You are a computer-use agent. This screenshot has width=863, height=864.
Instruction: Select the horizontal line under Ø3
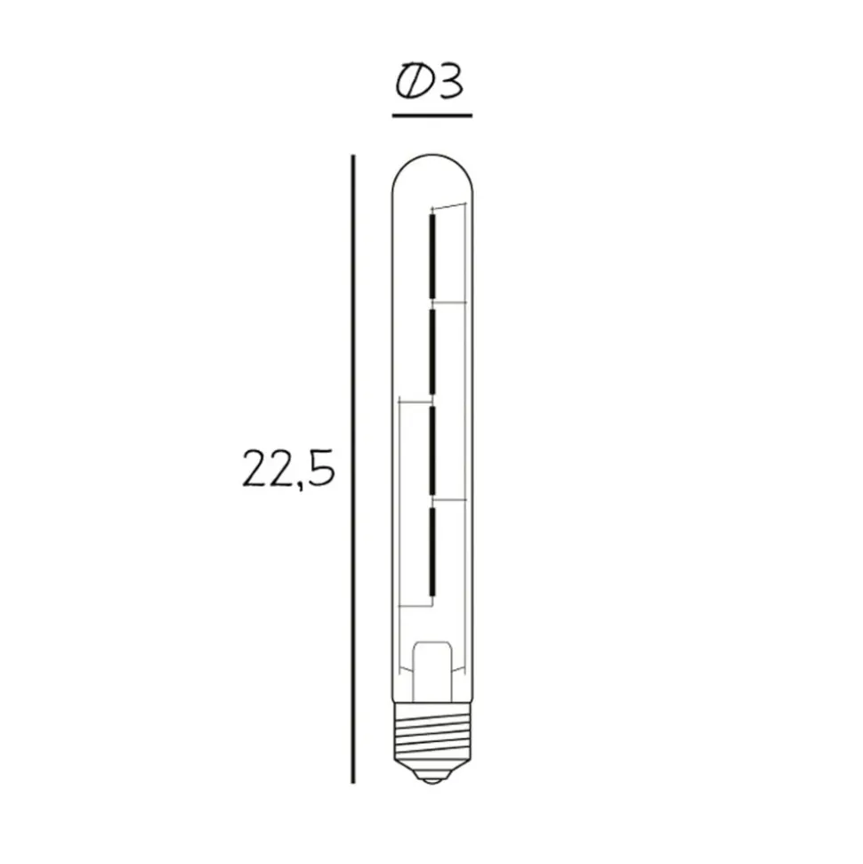pyautogui.click(x=431, y=115)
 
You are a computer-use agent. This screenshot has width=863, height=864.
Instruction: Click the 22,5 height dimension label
pyautogui.click(x=287, y=470)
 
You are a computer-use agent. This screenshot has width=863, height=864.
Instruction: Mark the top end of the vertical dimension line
pyautogui.click(x=353, y=157)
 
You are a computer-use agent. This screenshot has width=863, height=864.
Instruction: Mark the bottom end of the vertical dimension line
pyautogui.click(x=353, y=780)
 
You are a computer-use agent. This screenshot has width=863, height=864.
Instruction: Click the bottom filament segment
pyautogui.click(x=432, y=552)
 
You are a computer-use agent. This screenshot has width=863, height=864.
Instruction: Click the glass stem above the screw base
pyautogui.click(x=432, y=667)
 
